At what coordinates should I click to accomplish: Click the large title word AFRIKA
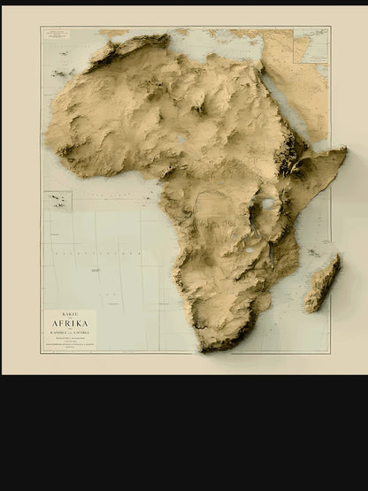click(71, 324)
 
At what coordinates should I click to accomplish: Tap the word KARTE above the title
click(71, 312)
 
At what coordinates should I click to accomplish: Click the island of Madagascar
click(322, 284)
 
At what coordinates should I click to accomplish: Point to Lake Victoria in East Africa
click(267, 204)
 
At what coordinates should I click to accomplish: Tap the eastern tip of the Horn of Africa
click(345, 152)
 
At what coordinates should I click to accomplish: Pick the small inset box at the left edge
click(57, 201)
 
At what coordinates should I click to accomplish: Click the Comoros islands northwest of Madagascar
click(311, 253)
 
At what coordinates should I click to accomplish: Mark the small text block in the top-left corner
click(59, 33)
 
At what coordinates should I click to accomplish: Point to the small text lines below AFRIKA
click(71, 340)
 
